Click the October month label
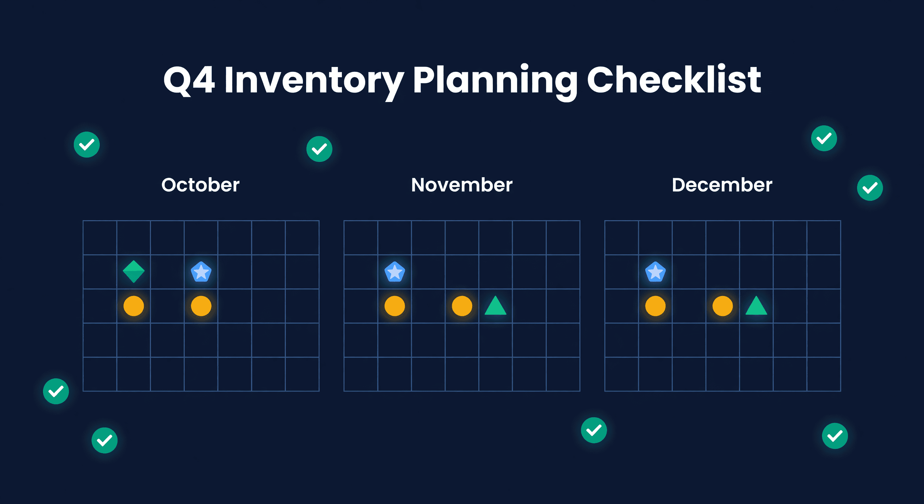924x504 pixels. click(200, 185)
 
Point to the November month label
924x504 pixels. click(462, 185)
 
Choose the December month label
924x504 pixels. click(722, 185)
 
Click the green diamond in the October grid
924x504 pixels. click(134, 272)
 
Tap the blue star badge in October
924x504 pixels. click(201, 272)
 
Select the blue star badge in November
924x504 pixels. click(394, 272)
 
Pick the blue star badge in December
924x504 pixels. click(655, 272)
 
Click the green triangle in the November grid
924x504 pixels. click(495, 307)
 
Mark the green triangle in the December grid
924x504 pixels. click(756, 307)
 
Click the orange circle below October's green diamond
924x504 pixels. click(134, 306)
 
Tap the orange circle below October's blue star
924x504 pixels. click(201, 306)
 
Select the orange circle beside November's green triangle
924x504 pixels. click(462, 306)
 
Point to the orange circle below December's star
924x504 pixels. click(655, 306)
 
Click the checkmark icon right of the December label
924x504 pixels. click(870, 188)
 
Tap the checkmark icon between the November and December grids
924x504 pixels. click(594, 430)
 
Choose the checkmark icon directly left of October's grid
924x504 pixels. click(56, 391)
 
